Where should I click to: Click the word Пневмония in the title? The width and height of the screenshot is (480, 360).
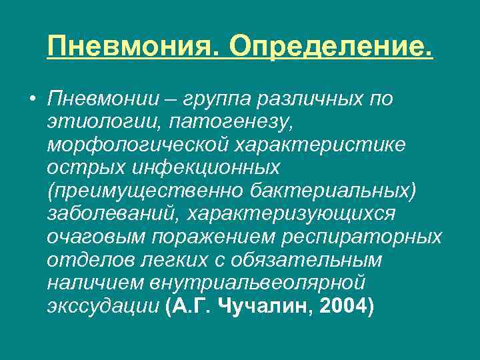pyautogui.click(x=129, y=47)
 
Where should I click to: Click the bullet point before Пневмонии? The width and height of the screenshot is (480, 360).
pyautogui.click(x=31, y=99)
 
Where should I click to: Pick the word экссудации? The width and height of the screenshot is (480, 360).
pyautogui.click(x=103, y=307)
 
